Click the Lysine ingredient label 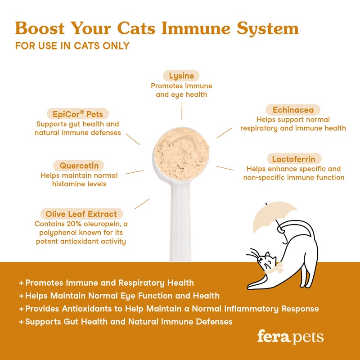181,76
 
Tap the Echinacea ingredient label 293,110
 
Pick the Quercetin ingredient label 79,165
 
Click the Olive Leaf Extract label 81,214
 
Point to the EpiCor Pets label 78,114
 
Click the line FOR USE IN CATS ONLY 72,46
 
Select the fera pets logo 290,337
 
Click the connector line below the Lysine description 181,109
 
